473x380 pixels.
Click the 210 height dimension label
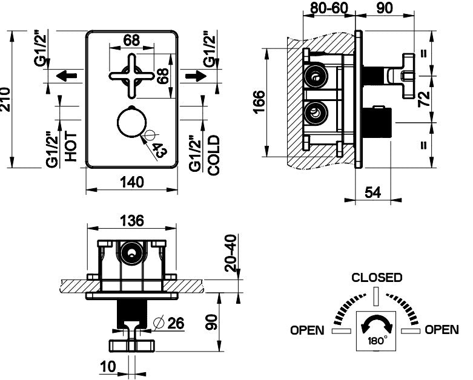click(5, 100)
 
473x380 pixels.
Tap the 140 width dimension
click(132, 182)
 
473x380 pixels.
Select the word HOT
click(71, 146)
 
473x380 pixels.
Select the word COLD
click(214, 155)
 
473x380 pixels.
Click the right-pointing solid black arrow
click(196, 76)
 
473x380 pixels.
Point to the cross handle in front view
click(131, 76)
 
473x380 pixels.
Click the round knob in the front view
click(131, 123)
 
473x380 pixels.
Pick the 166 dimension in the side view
click(259, 102)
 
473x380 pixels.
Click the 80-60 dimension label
click(329, 8)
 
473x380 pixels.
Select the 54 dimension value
click(373, 192)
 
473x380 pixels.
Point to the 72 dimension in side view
click(424, 99)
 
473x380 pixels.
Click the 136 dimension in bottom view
click(132, 221)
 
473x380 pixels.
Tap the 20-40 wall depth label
click(232, 253)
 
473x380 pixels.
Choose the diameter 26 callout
click(169, 323)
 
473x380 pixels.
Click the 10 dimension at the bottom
click(108, 367)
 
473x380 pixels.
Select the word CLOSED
click(377, 278)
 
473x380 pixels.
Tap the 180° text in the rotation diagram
click(377, 341)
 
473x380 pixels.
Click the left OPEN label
click(307, 330)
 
